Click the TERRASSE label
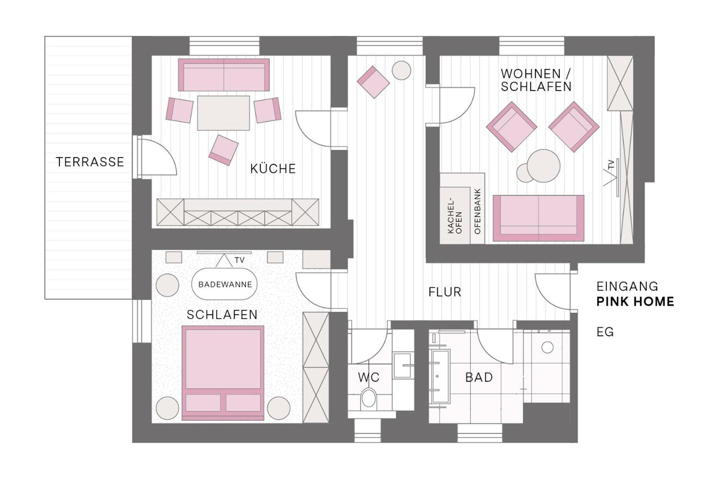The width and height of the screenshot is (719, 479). click(90, 162)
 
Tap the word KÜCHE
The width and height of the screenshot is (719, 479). click(273, 168)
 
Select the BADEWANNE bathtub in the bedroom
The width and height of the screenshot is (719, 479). click(225, 284)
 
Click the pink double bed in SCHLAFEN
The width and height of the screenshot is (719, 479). click(223, 373)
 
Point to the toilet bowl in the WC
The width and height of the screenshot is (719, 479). click(368, 399)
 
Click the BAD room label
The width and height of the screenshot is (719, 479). click(479, 377)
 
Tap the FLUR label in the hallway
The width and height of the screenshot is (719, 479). click(445, 292)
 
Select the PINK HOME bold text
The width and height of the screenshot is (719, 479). click(635, 302)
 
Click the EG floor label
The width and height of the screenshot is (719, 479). click(605, 332)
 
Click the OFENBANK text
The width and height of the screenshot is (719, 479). click(477, 211)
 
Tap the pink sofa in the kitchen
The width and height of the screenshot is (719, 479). click(224, 75)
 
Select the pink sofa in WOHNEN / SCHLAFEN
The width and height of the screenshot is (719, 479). click(539, 218)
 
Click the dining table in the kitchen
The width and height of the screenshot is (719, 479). click(224, 113)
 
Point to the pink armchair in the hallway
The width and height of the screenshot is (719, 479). click(373, 82)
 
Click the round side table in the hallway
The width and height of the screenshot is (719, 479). click(402, 71)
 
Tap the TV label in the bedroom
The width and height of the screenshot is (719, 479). click(240, 260)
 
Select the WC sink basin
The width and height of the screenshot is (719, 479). click(402, 365)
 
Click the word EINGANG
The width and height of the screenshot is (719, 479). click(627, 286)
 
